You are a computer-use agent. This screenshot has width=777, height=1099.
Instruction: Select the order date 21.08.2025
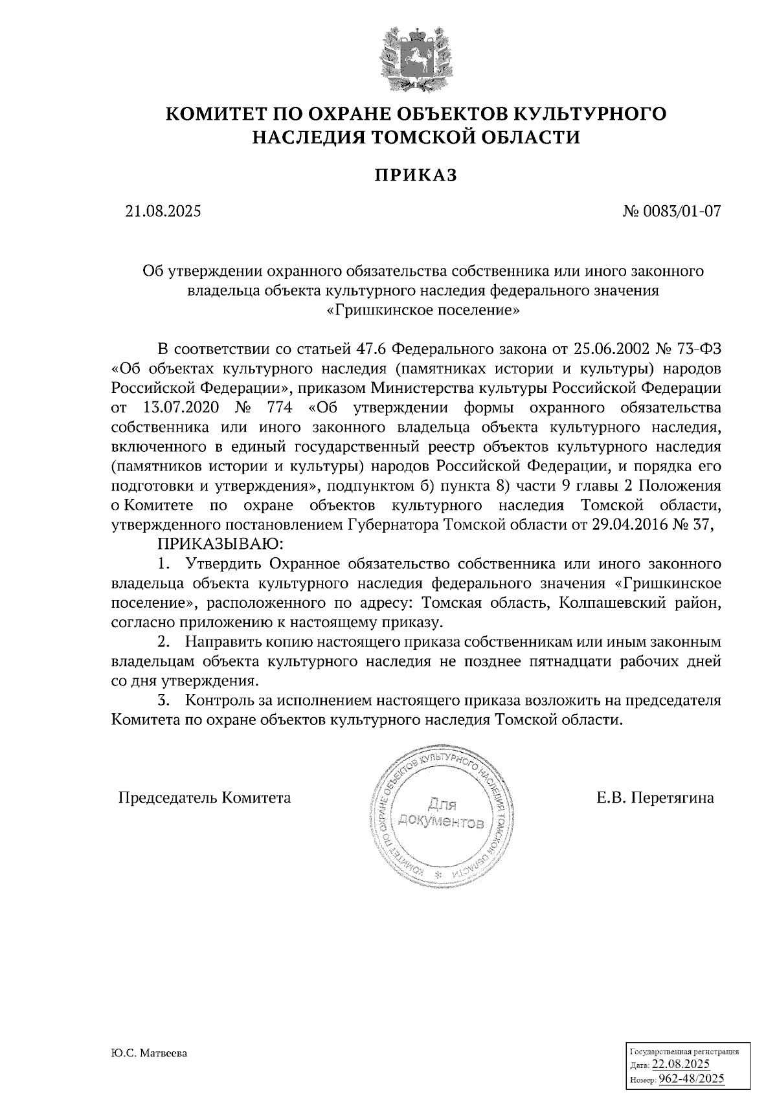coord(163,212)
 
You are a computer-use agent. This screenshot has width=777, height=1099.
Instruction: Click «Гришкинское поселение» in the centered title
coord(423,310)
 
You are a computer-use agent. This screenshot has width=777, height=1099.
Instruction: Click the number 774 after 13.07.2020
coord(277,408)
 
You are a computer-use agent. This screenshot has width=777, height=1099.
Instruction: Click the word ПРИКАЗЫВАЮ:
coord(222,544)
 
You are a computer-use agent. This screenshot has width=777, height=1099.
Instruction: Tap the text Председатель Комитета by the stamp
coord(204,798)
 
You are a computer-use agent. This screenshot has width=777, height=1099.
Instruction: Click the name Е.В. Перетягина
coord(655,798)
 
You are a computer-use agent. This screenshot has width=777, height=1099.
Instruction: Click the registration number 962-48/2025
coord(691,1079)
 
